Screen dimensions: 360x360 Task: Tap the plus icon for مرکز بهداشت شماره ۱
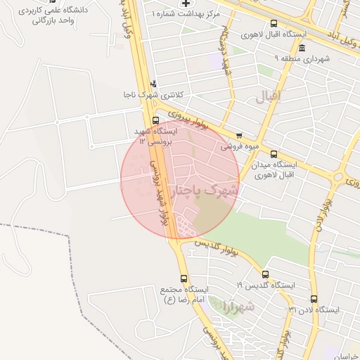click(186, 4)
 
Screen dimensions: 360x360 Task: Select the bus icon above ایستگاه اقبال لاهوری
click(274, 23)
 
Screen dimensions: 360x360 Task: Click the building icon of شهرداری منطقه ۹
click(302, 48)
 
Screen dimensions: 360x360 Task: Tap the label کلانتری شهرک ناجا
click(148, 94)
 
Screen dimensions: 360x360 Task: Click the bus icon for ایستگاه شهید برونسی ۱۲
click(155, 120)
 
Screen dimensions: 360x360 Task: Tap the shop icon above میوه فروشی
click(239, 136)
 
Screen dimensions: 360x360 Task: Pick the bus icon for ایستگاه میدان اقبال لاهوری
click(274, 154)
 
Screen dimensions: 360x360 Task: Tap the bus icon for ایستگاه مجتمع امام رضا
click(184, 278)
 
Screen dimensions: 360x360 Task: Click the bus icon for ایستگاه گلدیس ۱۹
click(265, 274)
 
